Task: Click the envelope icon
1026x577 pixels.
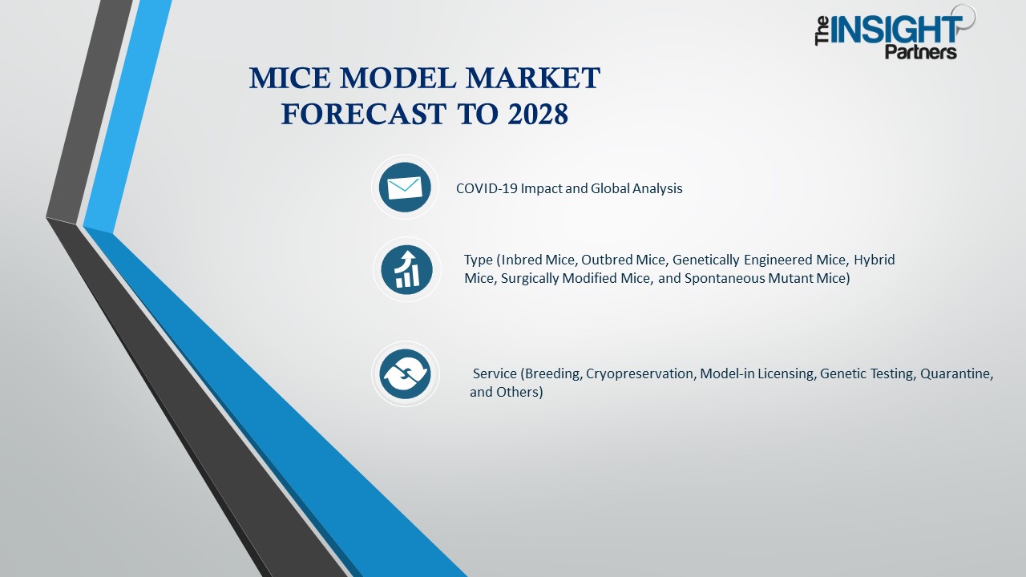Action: click(405, 188)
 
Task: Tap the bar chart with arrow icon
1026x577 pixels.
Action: click(406, 269)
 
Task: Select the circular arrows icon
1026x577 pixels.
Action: click(405, 373)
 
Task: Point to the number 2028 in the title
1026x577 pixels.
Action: click(538, 115)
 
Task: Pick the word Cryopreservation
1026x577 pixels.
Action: click(640, 374)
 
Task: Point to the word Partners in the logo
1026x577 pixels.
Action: click(920, 52)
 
